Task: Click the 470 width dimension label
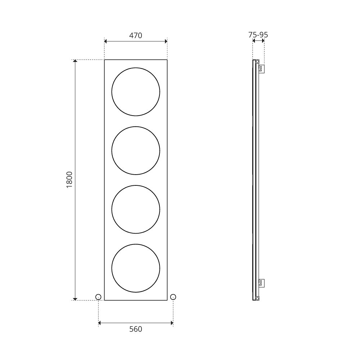136,35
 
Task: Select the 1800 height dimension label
69,180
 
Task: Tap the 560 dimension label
136,329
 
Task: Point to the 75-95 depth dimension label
258,35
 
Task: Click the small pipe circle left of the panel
98,294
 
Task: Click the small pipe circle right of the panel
173,294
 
